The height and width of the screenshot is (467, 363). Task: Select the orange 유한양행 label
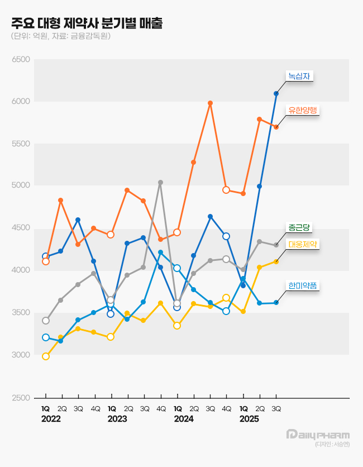coord(303,110)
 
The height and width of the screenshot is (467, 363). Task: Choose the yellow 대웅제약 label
coord(303,244)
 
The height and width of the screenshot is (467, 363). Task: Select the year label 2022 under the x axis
coord(51,418)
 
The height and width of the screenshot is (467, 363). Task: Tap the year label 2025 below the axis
coord(249,418)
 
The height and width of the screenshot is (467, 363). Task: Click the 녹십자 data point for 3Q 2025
coord(276,93)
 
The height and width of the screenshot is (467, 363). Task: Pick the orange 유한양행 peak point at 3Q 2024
coord(210,103)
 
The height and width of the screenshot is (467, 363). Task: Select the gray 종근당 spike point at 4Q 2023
coord(161,182)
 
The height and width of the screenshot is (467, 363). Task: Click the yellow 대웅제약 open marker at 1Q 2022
coord(46,356)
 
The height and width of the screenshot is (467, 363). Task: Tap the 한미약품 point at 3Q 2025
coord(276,303)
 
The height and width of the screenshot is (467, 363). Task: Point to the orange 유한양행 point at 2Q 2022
coord(61,200)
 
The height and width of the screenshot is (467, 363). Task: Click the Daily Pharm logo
coord(318,435)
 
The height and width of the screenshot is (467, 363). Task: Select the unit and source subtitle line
coord(60,36)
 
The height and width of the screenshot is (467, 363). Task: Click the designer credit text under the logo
coord(332,445)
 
